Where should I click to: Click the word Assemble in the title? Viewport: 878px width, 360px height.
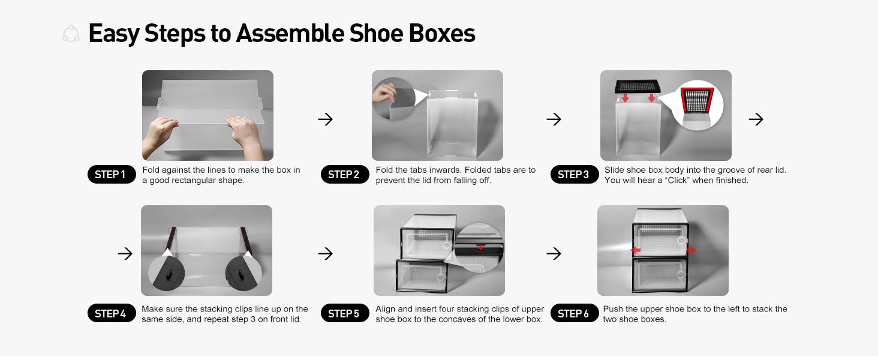[290, 33]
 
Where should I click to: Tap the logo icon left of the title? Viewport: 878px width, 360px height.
[71, 34]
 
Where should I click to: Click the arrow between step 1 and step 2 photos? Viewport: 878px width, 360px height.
[325, 119]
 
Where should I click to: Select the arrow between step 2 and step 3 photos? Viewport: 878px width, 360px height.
[554, 119]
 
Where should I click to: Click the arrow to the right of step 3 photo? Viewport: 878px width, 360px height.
[756, 119]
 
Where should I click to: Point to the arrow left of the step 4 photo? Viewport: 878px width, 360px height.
[125, 254]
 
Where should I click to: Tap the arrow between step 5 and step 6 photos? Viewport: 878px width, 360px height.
[554, 254]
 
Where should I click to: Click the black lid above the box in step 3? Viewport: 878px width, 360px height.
[638, 86]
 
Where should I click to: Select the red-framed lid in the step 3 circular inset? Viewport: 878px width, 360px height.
[697, 100]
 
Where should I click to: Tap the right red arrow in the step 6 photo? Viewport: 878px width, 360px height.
[691, 250]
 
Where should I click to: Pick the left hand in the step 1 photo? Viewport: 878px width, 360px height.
[159, 137]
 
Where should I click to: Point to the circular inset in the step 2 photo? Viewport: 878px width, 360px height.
[393, 98]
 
